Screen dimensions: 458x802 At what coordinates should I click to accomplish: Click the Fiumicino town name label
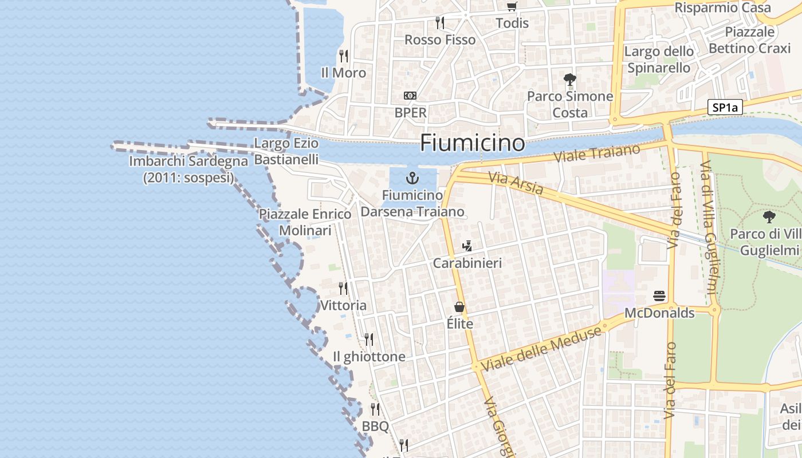(472, 143)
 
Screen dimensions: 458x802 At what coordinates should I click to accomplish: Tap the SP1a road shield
(725, 107)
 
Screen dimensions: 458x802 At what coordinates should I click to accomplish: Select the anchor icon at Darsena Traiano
(412, 177)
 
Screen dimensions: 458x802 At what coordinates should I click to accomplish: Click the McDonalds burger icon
(659, 296)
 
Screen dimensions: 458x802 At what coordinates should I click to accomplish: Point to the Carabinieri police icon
(467, 246)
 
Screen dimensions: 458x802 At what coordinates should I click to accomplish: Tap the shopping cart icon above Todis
(512, 7)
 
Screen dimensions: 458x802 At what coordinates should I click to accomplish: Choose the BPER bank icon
(410, 96)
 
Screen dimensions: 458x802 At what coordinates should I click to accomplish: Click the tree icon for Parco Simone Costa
(569, 79)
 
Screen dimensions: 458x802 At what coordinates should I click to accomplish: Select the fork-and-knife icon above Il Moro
(343, 56)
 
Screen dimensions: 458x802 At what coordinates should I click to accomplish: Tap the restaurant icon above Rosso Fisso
(439, 22)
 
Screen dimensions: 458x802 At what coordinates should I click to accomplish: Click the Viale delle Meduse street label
(542, 348)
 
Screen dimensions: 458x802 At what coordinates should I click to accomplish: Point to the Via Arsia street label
(516, 184)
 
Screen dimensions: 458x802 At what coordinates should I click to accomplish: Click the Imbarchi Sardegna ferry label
(188, 169)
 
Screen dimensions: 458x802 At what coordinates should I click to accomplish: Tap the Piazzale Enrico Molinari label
(305, 222)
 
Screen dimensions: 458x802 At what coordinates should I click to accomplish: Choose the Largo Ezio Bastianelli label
(286, 151)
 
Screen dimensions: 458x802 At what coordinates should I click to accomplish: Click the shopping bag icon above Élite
(459, 307)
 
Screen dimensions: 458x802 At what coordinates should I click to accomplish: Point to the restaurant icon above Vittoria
(343, 288)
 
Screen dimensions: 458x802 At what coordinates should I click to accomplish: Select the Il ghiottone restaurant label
(369, 357)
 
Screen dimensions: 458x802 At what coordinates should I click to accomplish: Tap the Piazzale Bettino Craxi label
(749, 40)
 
